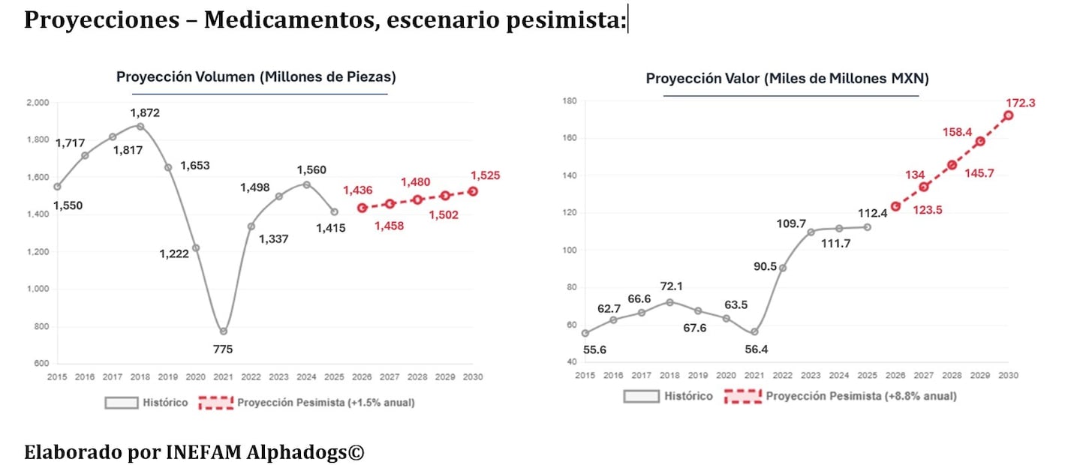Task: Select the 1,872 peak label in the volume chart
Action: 145,112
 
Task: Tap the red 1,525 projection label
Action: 486,175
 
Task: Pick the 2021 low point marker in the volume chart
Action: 224,331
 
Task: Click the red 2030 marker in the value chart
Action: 1008,115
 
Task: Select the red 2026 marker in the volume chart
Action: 362,208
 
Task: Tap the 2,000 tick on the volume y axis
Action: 37,103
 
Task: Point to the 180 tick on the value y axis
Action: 568,101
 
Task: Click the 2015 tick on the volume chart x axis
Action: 56,377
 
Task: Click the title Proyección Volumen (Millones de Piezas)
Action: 256,77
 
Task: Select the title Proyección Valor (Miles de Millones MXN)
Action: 787,79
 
